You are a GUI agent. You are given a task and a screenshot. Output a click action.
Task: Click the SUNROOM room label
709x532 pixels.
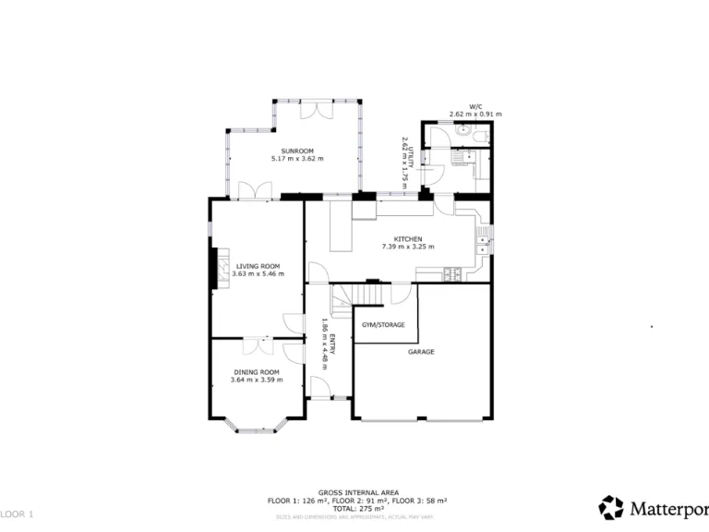[297, 151]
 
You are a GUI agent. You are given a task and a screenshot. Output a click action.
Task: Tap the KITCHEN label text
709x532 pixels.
[407, 239]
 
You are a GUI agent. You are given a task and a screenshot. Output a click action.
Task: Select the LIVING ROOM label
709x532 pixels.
[258, 266]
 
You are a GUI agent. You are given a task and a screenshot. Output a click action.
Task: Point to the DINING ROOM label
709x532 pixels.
[256, 371]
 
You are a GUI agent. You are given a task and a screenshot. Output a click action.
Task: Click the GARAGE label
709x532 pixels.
[421, 352]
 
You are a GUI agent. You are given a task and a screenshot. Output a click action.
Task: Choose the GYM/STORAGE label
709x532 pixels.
[383, 325]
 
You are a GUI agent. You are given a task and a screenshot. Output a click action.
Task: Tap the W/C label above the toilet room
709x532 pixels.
[475, 106]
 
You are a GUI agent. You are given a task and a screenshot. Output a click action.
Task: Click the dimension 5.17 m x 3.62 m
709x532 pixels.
[297, 159]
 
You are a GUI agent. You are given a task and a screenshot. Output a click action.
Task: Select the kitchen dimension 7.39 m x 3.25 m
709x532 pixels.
[407, 248]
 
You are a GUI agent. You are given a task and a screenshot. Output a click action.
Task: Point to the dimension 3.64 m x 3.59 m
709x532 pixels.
[256, 380]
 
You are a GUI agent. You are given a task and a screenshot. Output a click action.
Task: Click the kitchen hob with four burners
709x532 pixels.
[452, 272]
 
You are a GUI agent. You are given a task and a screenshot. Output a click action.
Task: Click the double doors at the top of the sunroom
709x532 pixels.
[318, 108]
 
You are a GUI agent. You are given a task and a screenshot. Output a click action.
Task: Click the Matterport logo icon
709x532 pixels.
[611, 507]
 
